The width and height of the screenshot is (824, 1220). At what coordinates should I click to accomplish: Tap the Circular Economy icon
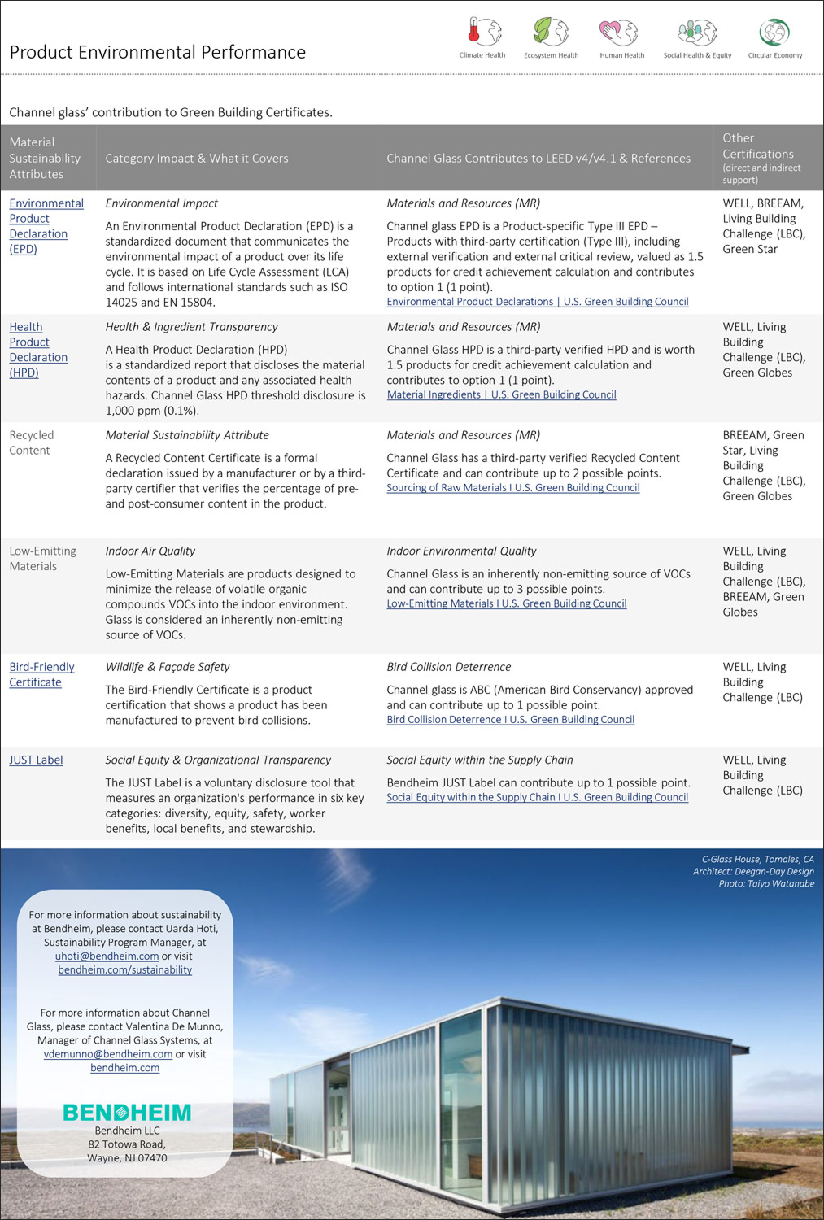[774, 33]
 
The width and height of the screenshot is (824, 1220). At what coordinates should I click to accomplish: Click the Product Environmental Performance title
[158, 52]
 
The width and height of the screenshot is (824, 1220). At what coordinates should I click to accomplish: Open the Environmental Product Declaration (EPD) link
[46, 226]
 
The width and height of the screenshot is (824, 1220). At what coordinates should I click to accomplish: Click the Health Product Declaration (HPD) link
[38, 350]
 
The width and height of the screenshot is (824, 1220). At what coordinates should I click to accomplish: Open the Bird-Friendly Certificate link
[41, 674]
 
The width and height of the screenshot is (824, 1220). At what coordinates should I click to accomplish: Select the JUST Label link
[36, 760]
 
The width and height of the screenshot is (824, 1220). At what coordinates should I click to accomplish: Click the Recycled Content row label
[31, 442]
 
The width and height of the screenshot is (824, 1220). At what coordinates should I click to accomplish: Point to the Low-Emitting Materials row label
[42, 558]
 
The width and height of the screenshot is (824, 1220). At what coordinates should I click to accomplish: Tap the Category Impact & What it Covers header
[197, 159]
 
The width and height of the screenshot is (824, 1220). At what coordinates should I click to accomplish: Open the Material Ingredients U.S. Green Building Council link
[501, 394]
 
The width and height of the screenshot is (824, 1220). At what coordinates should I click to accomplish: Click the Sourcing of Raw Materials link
[512, 488]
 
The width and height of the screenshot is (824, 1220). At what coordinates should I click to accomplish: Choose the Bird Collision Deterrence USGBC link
[510, 720]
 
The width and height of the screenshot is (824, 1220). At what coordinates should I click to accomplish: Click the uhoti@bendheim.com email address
[107, 956]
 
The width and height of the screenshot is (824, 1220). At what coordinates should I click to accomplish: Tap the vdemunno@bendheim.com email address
[108, 1054]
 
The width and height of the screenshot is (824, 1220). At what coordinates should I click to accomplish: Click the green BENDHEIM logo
[127, 1112]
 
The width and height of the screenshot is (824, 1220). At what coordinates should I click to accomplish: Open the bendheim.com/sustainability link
[125, 970]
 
